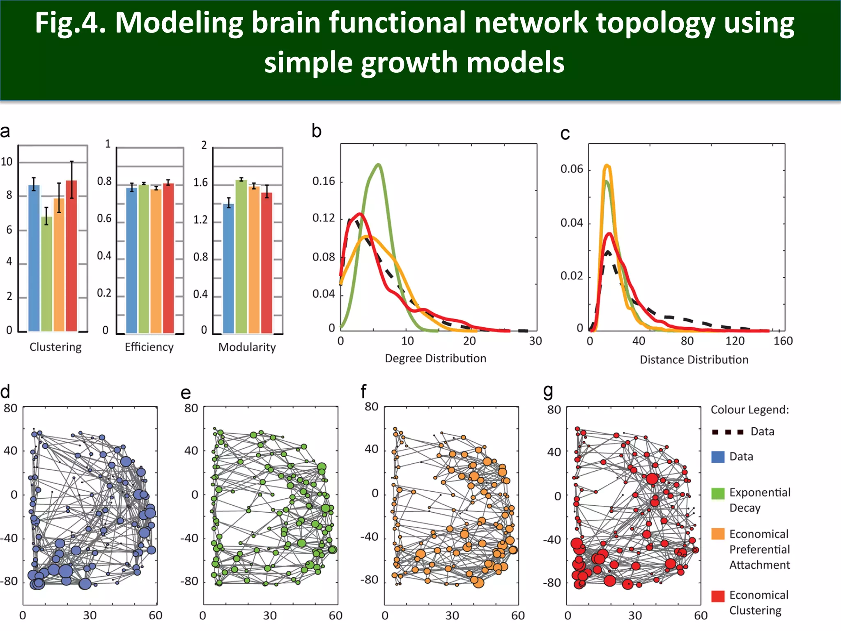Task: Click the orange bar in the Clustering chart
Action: click(x=59, y=265)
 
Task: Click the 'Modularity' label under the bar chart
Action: click(x=247, y=348)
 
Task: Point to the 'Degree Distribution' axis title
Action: click(x=435, y=359)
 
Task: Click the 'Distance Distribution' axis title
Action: click(x=694, y=360)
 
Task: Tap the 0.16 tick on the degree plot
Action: click(x=324, y=181)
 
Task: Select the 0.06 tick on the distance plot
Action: click(x=572, y=169)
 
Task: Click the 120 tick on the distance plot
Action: click(x=735, y=341)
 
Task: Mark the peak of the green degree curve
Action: click(x=378, y=165)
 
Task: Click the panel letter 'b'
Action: click(x=316, y=131)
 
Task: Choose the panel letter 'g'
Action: click(x=548, y=391)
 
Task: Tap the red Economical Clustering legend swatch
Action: click(x=718, y=596)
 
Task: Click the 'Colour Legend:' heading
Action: click(x=750, y=410)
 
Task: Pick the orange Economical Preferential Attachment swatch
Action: click(x=718, y=534)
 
